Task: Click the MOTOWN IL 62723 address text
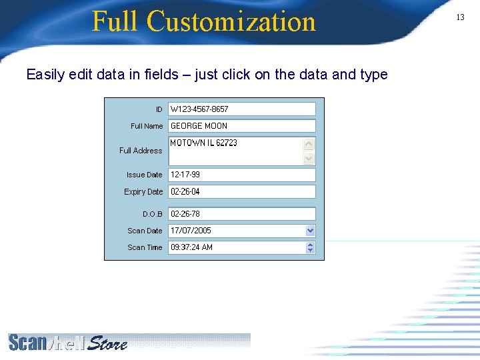coord(203,143)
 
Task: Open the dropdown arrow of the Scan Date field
coord(310,231)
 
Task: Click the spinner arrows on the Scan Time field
coord(310,247)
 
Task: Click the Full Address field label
coord(141,151)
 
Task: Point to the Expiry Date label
coord(143,192)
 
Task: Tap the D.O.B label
coord(153,214)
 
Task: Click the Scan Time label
coord(145,247)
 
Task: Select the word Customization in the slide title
coord(231,21)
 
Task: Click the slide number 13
coord(460,17)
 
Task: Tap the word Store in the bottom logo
coord(107,344)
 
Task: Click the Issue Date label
coord(144,175)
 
